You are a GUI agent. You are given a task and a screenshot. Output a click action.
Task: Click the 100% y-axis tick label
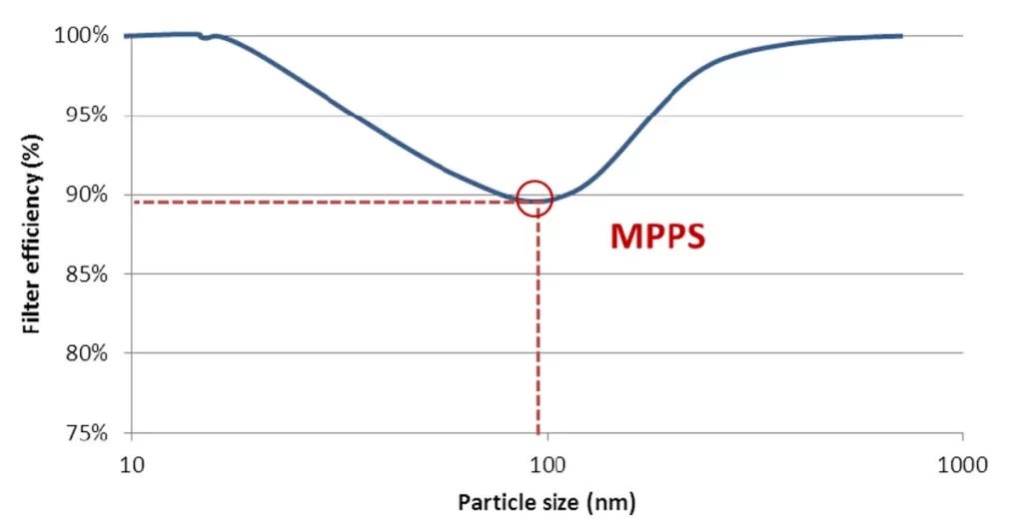click(x=80, y=36)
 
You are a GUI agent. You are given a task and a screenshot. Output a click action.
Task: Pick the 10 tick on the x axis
click(x=131, y=463)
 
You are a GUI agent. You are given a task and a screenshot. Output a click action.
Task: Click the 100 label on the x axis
click(x=547, y=463)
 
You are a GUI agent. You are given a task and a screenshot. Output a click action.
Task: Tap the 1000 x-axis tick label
click(x=963, y=463)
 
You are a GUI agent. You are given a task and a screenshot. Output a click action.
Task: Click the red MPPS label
click(x=658, y=238)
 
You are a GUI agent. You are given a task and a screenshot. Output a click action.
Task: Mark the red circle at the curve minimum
click(x=535, y=198)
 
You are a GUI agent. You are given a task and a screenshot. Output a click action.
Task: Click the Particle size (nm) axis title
click(x=546, y=501)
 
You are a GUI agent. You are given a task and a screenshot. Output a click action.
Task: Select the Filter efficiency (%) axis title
click(x=33, y=236)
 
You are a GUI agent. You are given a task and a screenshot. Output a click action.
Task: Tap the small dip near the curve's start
click(x=205, y=38)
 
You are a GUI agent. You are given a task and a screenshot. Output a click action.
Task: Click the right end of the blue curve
click(x=901, y=36)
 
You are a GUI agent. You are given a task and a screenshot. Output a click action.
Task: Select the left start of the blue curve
click(x=126, y=36)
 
